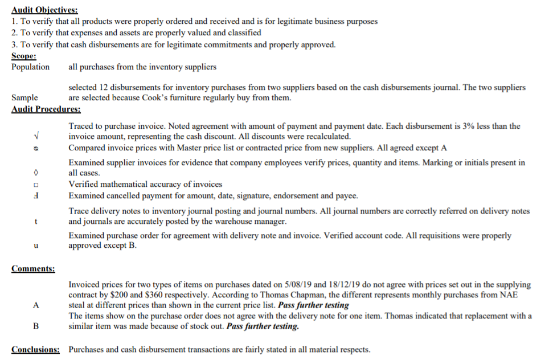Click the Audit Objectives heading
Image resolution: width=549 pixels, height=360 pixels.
click(45, 10)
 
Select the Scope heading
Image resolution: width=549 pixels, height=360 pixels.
click(24, 56)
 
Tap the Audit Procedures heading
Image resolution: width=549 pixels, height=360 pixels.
click(46, 109)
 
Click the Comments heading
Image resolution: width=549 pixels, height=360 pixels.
click(33, 268)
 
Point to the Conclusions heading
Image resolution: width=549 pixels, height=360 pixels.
click(35, 349)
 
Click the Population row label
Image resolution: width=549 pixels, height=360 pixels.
click(31, 67)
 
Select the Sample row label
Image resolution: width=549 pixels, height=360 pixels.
click(25, 98)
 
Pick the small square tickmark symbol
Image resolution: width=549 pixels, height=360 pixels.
click(36, 185)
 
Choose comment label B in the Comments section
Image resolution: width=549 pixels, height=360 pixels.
click(36, 326)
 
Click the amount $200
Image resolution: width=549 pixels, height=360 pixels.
click(151, 295)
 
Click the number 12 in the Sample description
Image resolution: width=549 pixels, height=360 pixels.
click(101, 87)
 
